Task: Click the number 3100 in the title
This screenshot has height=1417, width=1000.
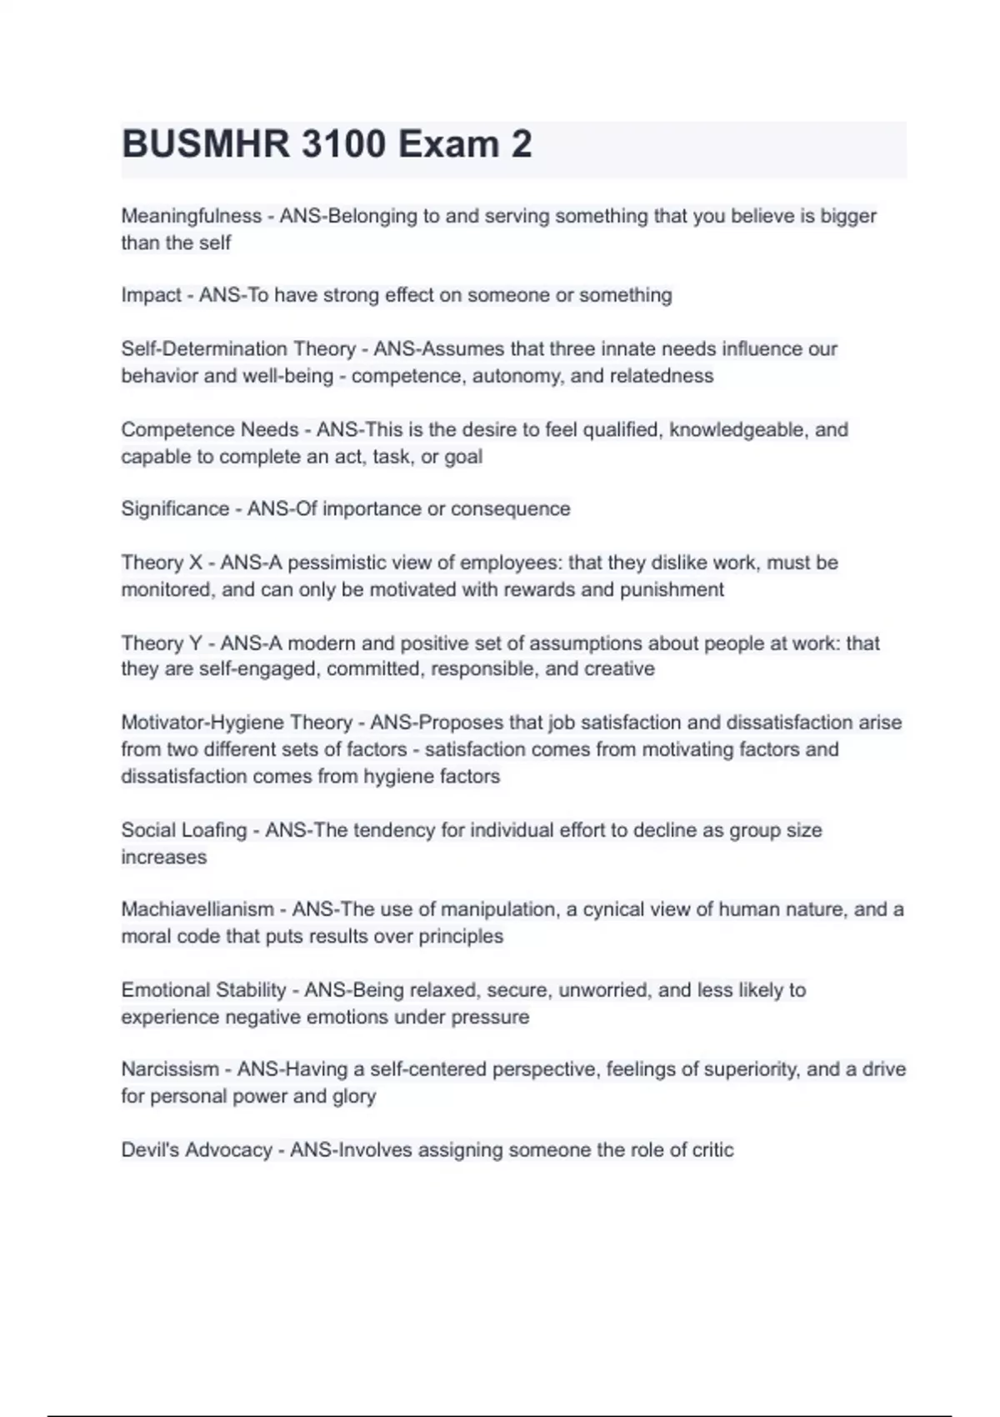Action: [x=342, y=144]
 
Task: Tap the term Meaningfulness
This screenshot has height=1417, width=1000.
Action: [x=192, y=216]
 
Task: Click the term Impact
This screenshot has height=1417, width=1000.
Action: [x=151, y=295]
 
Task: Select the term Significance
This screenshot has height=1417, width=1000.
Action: [x=175, y=508]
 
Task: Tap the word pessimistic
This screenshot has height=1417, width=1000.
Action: [x=338, y=563]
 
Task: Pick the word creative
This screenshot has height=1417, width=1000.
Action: [x=622, y=668]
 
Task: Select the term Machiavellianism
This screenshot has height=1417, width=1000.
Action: [x=197, y=909]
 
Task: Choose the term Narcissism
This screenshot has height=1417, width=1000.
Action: [x=170, y=1069]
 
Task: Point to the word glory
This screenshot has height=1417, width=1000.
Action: [x=354, y=1096]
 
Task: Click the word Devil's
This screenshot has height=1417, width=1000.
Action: [x=150, y=1150]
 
